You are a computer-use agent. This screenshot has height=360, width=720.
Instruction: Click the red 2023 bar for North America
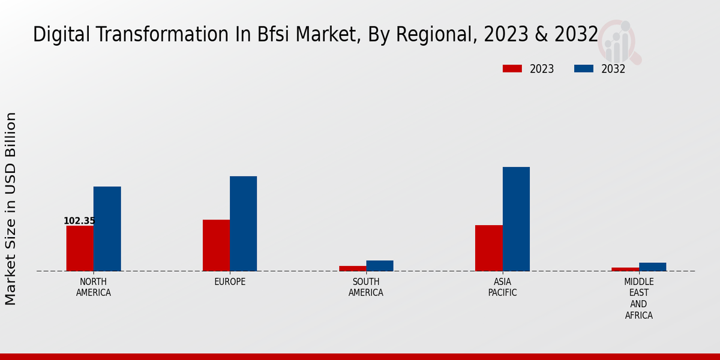(x=80, y=248)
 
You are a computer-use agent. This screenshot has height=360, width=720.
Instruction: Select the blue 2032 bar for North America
(x=107, y=229)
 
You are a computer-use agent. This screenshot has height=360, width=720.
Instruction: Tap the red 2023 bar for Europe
(x=216, y=245)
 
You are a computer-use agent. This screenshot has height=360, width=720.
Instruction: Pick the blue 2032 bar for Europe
(x=243, y=223)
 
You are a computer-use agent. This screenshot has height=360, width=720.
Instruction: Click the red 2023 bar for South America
(x=353, y=268)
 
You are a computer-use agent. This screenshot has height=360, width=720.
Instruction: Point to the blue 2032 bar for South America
(x=380, y=266)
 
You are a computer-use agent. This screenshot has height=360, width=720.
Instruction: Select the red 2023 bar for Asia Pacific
(x=489, y=248)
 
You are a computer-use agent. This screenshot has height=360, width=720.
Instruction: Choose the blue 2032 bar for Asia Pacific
(x=516, y=219)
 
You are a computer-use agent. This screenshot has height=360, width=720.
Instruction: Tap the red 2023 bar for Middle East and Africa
(x=625, y=269)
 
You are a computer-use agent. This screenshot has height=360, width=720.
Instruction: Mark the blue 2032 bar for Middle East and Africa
(x=652, y=267)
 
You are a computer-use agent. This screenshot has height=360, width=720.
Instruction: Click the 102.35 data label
(x=79, y=221)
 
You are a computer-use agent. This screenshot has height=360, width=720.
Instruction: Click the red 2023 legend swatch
(x=512, y=69)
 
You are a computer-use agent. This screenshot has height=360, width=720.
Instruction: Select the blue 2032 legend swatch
(x=583, y=69)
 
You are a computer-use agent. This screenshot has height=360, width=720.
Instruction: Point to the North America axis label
(x=94, y=287)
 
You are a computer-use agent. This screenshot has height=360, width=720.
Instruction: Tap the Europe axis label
(x=230, y=282)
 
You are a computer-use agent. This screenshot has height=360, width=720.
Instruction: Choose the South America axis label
(x=366, y=287)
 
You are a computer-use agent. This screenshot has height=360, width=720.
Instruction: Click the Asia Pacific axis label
(x=502, y=287)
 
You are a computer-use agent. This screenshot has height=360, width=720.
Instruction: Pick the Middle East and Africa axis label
(x=639, y=298)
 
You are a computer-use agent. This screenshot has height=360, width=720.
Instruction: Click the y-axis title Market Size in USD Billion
(x=11, y=208)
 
